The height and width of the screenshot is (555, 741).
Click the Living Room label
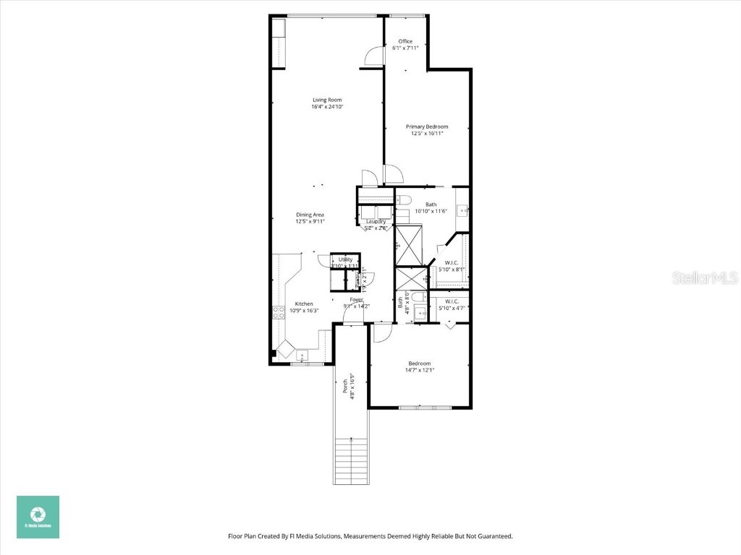(x=327, y=100)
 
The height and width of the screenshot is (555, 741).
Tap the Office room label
(x=405, y=41)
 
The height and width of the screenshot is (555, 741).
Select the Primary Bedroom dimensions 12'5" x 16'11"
(x=426, y=133)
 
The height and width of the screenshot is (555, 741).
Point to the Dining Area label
(x=310, y=215)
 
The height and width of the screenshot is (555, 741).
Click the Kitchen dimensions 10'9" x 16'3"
(x=304, y=310)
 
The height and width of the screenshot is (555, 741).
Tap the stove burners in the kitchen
(x=278, y=312)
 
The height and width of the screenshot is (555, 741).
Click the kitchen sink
(x=302, y=355)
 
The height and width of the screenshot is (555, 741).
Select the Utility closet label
(x=345, y=259)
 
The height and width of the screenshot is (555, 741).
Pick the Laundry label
(x=376, y=222)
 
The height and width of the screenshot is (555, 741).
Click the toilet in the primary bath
(x=405, y=199)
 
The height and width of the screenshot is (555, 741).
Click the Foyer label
(x=357, y=299)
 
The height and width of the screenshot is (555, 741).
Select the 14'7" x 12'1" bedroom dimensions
(x=419, y=370)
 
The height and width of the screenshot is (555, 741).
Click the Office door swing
(x=373, y=56)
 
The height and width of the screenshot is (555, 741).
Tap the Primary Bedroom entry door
(x=393, y=174)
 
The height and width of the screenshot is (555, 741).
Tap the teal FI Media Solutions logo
(x=38, y=517)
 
